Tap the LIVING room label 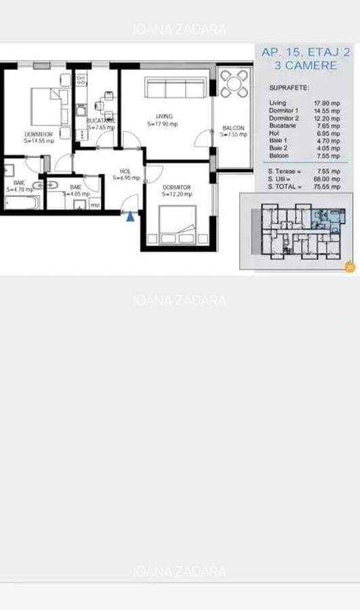coord(164,116)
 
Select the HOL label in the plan coord(125,171)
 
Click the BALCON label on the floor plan coord(233,127)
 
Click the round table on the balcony coord(234,85)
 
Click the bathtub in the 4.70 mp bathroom coord(20,202)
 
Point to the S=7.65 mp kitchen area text coord(100,127)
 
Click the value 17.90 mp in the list coord(325,103)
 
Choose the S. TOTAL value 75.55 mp coord(326,186)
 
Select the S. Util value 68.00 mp coord(326,179)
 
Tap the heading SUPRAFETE coord(288,88)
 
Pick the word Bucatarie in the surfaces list coord(282,125)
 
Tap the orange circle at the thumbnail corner coord(350,266)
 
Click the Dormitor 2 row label coord(283,117)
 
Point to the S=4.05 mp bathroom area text coord(76,194)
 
